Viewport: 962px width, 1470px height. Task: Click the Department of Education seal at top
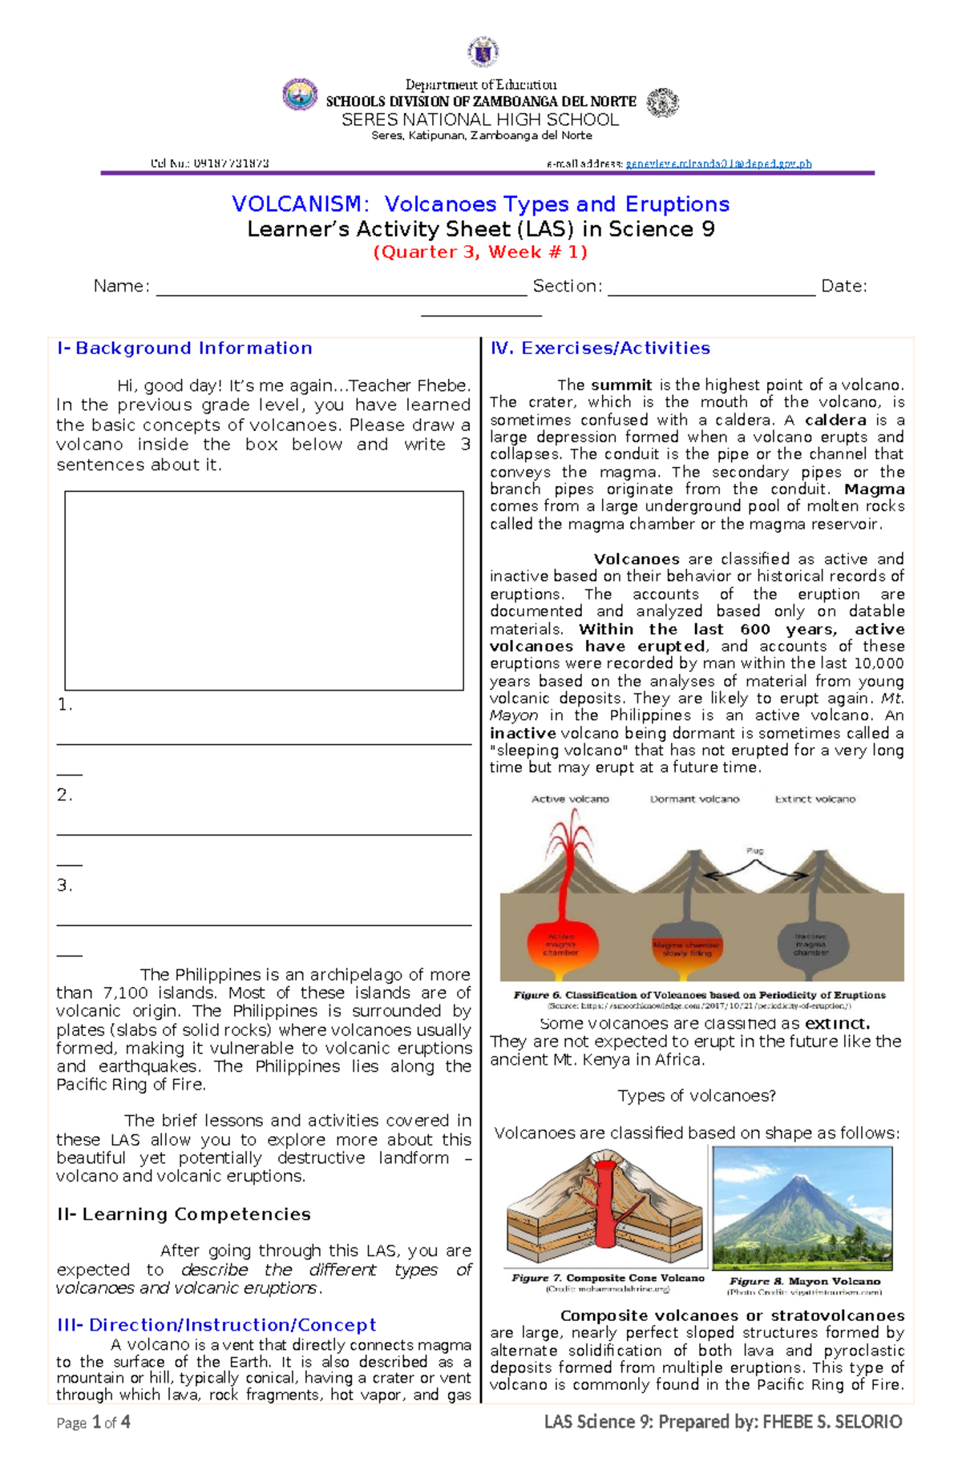click(x=483, y=51)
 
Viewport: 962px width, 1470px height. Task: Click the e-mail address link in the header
click(x=718, y=163)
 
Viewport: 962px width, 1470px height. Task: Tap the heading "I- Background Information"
click(x=184, y=348)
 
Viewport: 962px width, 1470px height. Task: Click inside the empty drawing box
click(x=264, y=590)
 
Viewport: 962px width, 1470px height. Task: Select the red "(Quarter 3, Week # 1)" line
click(x=480, y=252)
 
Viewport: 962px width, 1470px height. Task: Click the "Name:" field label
click(x=121, y=286)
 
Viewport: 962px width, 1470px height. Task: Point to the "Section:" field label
click(x=567, y=286)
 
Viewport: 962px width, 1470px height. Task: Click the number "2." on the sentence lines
click(x=64, y=795)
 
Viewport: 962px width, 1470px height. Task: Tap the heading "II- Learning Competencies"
click(x=184, y=1214)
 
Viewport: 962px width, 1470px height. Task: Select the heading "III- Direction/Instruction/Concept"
click(x=216, y=1325)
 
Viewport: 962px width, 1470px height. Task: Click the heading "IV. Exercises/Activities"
click(x=600, y=348)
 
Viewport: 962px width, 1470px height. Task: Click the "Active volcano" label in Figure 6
click(x=570, y=799)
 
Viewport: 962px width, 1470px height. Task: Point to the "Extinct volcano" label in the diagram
click(x=814, y=799)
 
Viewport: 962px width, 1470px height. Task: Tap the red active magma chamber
click(x=560, y=945)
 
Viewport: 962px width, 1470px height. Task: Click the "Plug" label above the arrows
click(x=754, y=851)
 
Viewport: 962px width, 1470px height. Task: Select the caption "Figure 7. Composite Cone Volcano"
click(x=608, y=1279)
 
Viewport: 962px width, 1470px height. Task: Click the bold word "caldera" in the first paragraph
click(x=835, y=420)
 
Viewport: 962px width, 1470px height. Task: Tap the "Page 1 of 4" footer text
click(x=93, y=1423)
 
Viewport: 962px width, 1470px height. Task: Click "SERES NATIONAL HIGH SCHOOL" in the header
click(x=480, y=119)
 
